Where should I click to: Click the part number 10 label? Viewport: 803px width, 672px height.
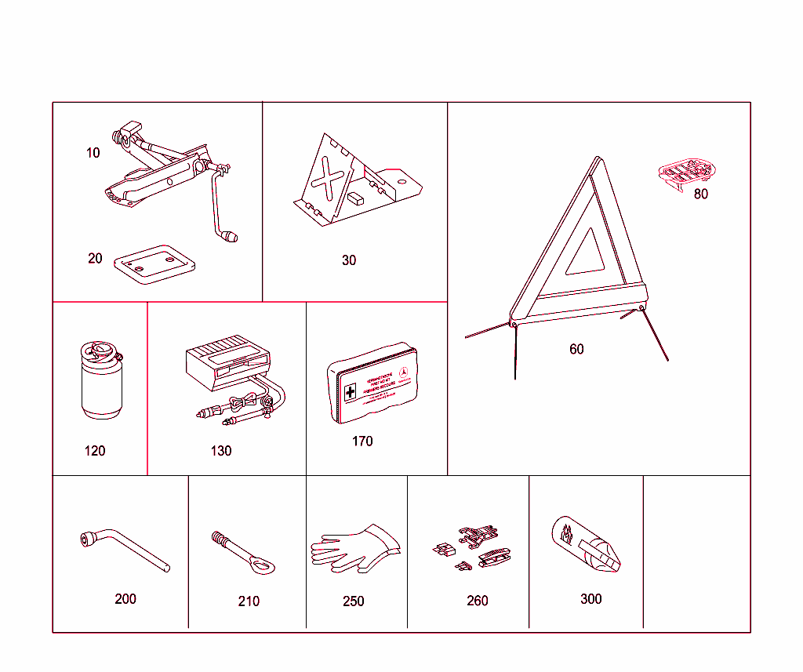(93, 153)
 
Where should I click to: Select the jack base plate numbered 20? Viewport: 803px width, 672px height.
(154, 263)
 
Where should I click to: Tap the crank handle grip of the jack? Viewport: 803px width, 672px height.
(231, 236)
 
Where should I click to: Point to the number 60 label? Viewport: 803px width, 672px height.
(576, 349)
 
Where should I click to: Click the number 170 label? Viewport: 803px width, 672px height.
(362, 441)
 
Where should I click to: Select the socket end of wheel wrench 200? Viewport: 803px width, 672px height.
(88, 539)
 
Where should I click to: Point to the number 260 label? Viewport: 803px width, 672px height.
(477, 601)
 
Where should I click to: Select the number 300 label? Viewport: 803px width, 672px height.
(590, 599)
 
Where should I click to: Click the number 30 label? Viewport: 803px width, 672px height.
(349, 260)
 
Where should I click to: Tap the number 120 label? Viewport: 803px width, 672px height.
(95, 451)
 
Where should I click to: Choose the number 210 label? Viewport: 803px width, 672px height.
(249, 601)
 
